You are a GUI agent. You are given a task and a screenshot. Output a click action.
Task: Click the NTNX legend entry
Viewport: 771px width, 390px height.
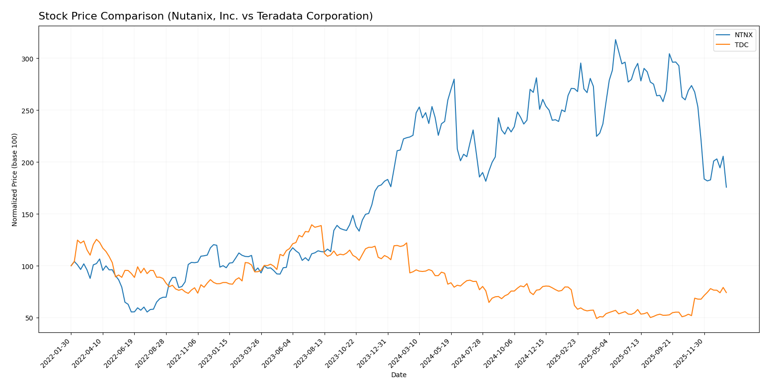pos(743,35)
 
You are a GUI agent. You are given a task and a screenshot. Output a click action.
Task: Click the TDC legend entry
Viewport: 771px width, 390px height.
pos(741,45)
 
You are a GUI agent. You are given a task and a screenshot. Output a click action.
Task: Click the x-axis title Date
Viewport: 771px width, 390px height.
pos(398,375)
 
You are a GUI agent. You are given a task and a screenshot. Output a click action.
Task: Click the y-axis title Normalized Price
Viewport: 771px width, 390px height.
pos(15,180)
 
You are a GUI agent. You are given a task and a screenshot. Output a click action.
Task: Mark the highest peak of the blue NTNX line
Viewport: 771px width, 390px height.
pos(615,40)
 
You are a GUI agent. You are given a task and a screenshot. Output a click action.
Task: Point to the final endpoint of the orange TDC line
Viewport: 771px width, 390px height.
pos(726,292)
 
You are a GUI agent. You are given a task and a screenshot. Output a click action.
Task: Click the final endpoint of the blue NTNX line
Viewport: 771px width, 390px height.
pos(726,187)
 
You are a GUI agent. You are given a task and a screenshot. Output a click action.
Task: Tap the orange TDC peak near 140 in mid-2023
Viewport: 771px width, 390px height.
pos(312,225)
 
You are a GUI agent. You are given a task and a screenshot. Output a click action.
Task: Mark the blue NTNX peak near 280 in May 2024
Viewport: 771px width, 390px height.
pos(454,79)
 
